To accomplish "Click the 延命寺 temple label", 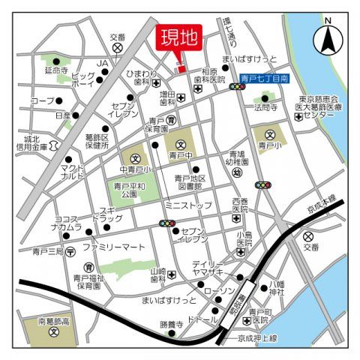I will (x=56, y=72).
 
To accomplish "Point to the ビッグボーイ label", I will (x=83, y=80).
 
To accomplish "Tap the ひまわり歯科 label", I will (x=142, y=79).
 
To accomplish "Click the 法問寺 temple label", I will (x=265, y=107).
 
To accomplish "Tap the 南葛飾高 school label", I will (x=53, y=321).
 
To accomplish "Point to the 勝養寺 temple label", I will (x=171, y=325).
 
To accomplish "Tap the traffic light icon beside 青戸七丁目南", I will (x=238, y=87).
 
